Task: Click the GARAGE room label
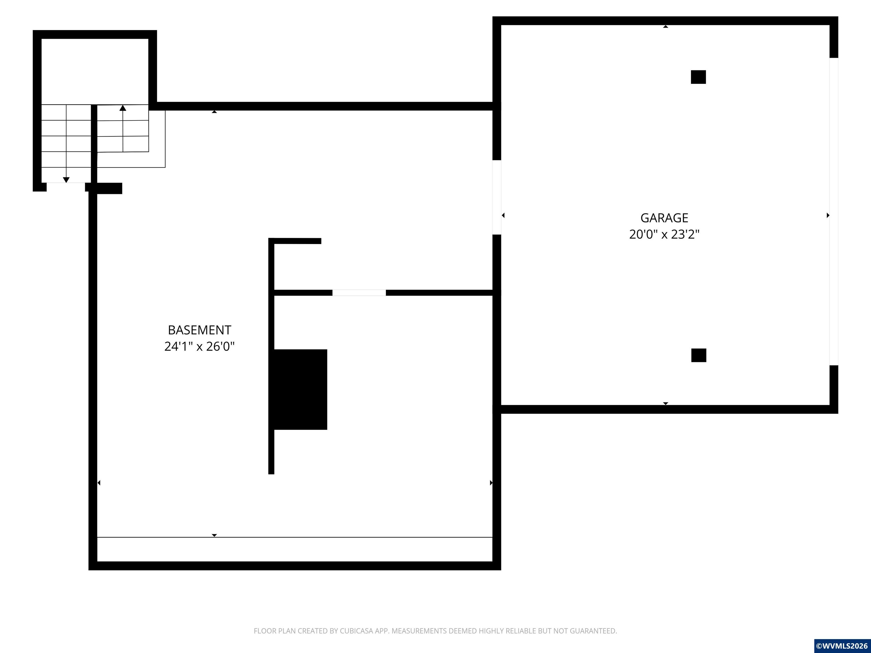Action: coord(664,218)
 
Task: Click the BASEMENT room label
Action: coord(200,330)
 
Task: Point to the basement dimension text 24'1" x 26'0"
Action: coord(200,346)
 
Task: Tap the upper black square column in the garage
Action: coord(698,77)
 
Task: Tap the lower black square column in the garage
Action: coord(699,355)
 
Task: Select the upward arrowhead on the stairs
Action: coord(123,107)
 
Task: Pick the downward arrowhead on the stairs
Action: coord(66,180)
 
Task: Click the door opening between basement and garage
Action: coord(497,197)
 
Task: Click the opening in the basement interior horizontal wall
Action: coord(359,292)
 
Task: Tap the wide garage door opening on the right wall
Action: coord(834,211)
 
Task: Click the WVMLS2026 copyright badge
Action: coord(842,646)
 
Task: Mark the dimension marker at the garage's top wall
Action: coord(665,27)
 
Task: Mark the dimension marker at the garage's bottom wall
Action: coord(665,404)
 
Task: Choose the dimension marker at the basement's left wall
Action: coord(99,483)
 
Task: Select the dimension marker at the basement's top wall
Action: coord(214,112)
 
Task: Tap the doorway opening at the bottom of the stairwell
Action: coord(66,187)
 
